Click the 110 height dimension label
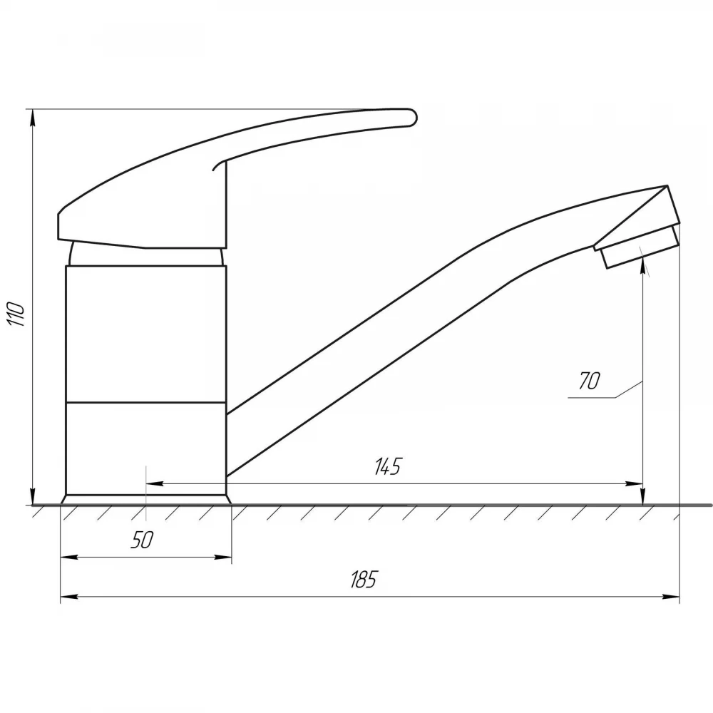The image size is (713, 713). [x=16, y=313]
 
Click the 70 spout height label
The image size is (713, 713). [x=590, y=381]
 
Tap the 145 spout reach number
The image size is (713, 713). [x=389, y=466]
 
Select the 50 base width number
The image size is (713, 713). [x=143, y=540]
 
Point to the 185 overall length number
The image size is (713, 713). [x=364, y=579]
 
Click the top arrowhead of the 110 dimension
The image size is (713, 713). [x=32, y=118]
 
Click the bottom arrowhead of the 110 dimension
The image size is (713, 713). [x=32, y=496]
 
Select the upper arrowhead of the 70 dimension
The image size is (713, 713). [x=642, y=265]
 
